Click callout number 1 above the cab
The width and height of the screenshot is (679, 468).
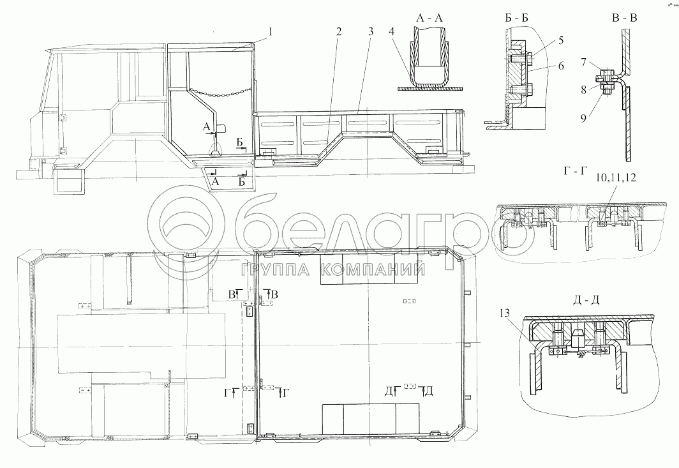[271, 32]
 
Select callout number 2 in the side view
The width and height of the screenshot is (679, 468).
[339, 32]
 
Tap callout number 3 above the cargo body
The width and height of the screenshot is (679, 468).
[371, 32]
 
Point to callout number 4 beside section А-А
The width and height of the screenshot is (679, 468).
[391, 32]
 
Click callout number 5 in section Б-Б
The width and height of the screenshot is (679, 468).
[561, 41]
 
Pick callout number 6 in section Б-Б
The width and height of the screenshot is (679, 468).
[561, 66]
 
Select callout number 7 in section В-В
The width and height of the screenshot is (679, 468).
[584, 63]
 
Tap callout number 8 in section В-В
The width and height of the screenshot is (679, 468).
[584, 89]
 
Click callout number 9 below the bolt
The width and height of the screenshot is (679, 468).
[584, 117]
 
